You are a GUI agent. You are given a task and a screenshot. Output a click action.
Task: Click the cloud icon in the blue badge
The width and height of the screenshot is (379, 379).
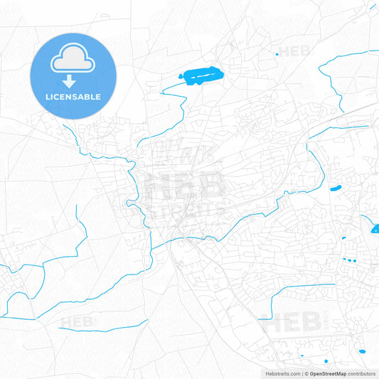tap(73, 59)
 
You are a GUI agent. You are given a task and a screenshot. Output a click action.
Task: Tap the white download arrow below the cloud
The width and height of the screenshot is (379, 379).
tap(73, 80)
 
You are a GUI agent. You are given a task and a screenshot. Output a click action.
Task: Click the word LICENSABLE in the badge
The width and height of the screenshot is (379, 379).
tap(73, 96)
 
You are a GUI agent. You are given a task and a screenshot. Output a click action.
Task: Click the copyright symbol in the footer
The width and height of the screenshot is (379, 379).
tap(306, 373)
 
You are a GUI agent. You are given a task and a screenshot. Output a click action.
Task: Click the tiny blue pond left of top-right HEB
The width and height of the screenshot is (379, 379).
tap(276, 53)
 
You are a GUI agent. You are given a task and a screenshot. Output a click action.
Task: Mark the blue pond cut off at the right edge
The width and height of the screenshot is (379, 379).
tap(375, 228)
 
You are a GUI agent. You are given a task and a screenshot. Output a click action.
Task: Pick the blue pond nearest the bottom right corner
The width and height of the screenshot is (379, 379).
tap(363, 351)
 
